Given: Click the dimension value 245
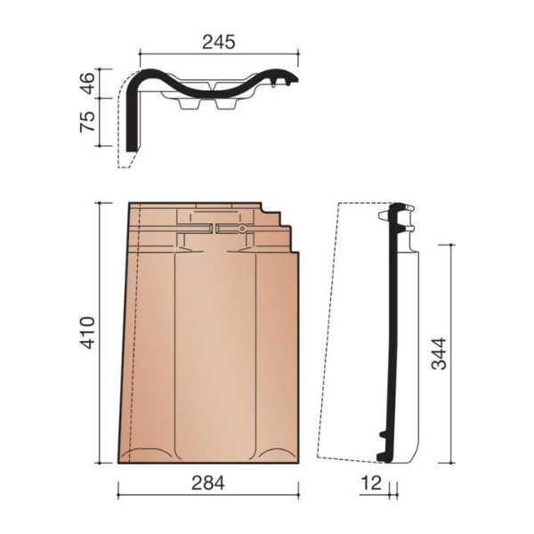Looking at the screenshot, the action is click(219, 42).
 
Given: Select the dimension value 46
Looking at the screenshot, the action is click(87, 83).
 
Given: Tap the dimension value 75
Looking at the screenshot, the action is click(87, 122).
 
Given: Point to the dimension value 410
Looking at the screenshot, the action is click(87, 333).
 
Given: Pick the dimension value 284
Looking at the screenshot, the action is click(208, 483).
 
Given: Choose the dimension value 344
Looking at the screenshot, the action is click(439, 353).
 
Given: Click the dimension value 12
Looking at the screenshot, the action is click(371, 483).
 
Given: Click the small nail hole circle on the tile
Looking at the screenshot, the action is click(242, 229).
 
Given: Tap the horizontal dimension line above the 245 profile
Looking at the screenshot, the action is click(219, 53).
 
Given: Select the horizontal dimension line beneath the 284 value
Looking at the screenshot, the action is click(208, 495).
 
